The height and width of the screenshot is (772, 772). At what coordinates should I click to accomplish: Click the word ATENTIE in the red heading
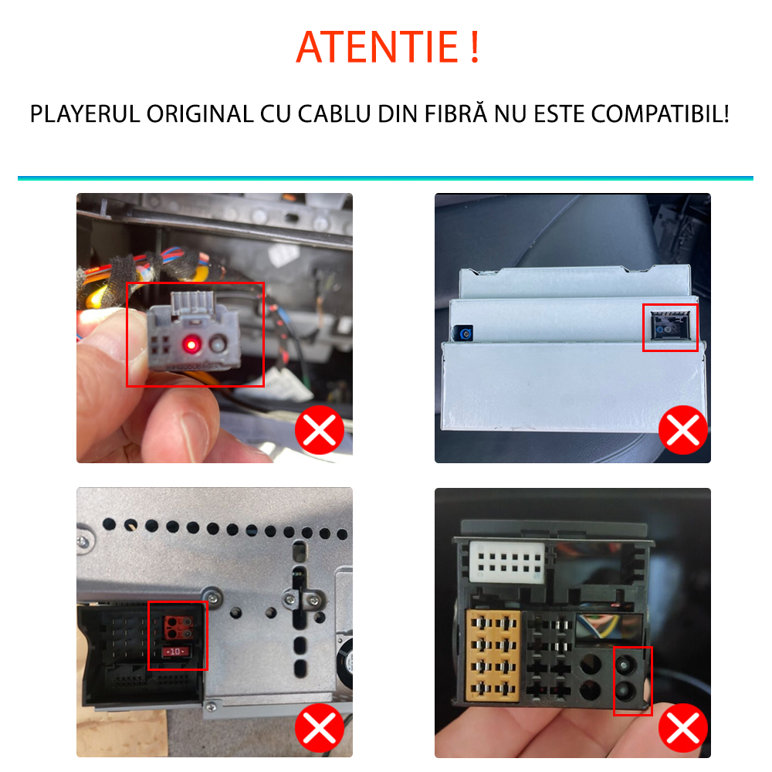point(378,47)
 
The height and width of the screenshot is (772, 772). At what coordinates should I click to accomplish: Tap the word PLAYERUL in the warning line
point(85,114)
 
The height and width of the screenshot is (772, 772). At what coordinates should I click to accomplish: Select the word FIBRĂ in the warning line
point(456,113)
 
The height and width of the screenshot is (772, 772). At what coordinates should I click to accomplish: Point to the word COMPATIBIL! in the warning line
point(660,114)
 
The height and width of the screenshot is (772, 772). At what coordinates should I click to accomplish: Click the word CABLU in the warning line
point(334,114)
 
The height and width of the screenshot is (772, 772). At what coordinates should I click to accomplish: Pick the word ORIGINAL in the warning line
point(200,114)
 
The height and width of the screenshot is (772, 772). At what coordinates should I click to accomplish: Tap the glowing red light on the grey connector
point(191,344)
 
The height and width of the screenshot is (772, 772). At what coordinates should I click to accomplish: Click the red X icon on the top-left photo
point(320,430)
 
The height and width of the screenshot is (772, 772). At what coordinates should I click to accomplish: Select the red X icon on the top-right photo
point(683,430)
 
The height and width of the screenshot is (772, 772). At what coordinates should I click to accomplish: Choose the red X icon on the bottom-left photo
point(320,728)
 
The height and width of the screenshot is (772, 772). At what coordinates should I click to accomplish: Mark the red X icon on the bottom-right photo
point(683,728)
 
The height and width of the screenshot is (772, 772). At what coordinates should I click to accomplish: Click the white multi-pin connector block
point(507,563)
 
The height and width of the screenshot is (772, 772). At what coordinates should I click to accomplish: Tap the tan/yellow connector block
point(493,655)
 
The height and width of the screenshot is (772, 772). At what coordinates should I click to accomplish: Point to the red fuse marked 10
point(176,652)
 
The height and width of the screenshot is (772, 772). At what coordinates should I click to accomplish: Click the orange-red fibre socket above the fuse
point(178,627)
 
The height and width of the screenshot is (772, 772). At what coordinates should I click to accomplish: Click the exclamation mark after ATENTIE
point(475,47)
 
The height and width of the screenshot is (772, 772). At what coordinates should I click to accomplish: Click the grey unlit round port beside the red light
point(217,344)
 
